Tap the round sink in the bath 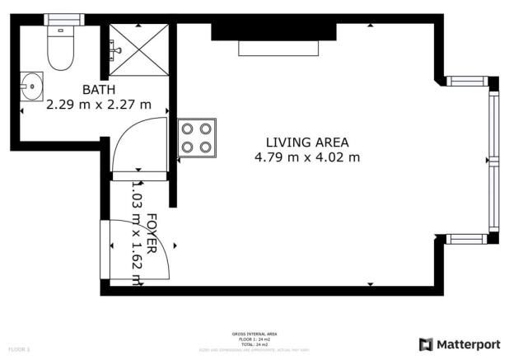(x=33, y=83)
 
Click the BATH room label (x=98, y=90)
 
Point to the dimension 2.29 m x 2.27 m (x=99, y=105)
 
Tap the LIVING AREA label (x=307, y=141)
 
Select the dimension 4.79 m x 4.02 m (x=307, y=157)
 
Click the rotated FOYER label (x=152, y=233)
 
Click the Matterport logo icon (x=426, y=344)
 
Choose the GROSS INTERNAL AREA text (x=254, y=334)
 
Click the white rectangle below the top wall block (x=278, y=48)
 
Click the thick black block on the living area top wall (x=273, y=30)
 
